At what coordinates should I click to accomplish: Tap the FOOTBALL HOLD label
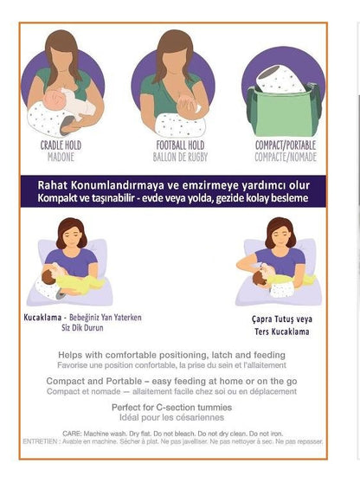click(173, 145)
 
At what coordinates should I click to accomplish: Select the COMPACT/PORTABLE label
click(286, 145)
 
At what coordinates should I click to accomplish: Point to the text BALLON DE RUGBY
click(173, 158)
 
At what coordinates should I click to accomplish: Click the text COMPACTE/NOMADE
click(286, 158)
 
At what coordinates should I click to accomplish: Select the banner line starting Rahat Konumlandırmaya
click(172, 184)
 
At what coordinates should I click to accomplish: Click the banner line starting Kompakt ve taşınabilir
click(172, 198)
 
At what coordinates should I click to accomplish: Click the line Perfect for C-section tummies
click(171, 407)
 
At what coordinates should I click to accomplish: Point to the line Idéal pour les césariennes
click(171, 417)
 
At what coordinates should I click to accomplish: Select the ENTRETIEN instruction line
click(172, 441)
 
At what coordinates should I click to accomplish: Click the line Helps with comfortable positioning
click(171, 355)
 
